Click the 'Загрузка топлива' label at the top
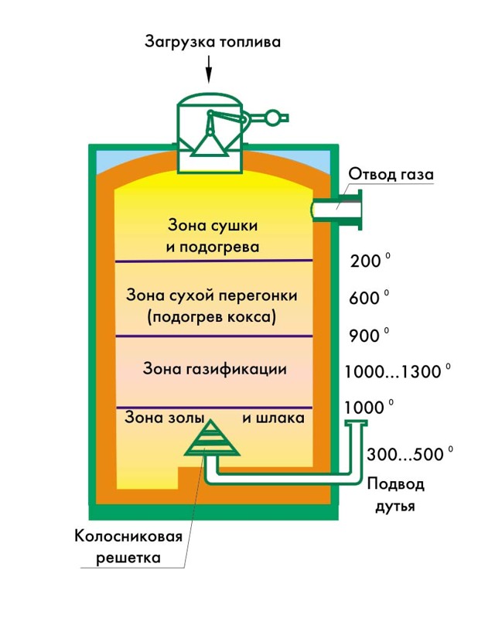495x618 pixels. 213,42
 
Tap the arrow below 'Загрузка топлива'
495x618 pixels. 209,69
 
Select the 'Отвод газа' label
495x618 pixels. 391,174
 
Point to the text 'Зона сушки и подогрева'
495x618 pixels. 213,236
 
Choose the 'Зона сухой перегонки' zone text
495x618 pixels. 212,295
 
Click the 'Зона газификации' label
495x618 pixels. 214,369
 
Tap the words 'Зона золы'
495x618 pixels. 164,417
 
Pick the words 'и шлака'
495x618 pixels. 273,418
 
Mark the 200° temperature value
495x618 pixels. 370,261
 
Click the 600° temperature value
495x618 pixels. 369,298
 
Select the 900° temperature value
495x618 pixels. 369,336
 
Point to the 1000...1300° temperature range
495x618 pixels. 398,371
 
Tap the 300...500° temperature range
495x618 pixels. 410,454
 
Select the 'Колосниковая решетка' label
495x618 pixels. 128,547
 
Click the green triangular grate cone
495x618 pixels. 212,439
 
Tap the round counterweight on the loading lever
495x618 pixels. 273,118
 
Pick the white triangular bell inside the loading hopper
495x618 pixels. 210,144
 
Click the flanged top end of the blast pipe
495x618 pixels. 357,423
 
